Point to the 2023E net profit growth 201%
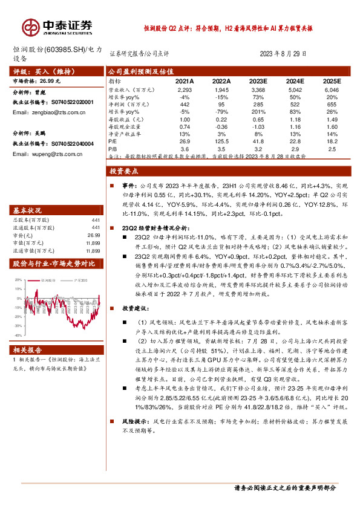[258, 111]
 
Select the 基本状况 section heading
[28, 211]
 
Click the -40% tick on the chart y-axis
[20, 334]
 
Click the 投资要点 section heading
[126, 172]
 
